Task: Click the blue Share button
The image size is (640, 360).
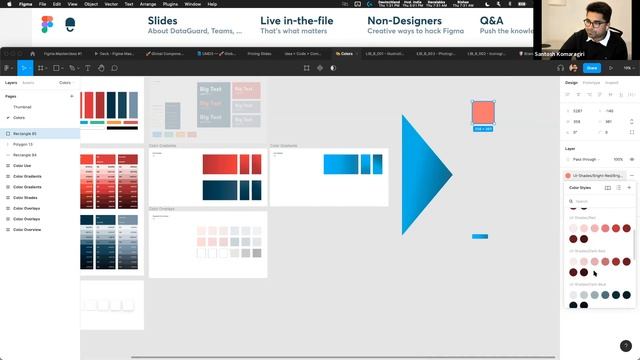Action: (x=592, y=68)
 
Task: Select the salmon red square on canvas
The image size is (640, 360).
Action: (x=483, y=112)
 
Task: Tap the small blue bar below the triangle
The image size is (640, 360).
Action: (x=480, y=236)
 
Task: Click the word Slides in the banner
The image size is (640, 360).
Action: (x=163, y=19)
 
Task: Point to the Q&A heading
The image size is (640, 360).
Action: (x=491, y=19)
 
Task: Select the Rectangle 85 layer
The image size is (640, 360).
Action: (x=25, y=133)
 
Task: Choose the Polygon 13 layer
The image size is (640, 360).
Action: (x=23, y=144)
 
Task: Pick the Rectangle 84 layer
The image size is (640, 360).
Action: (x=25, y=155)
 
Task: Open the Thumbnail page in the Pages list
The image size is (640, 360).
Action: (x=22, y=106)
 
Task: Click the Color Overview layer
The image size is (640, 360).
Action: (x=28, y=229)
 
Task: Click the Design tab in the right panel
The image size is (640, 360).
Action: (x=571, y=82)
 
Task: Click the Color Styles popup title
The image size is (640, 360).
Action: (x=580, y=187)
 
